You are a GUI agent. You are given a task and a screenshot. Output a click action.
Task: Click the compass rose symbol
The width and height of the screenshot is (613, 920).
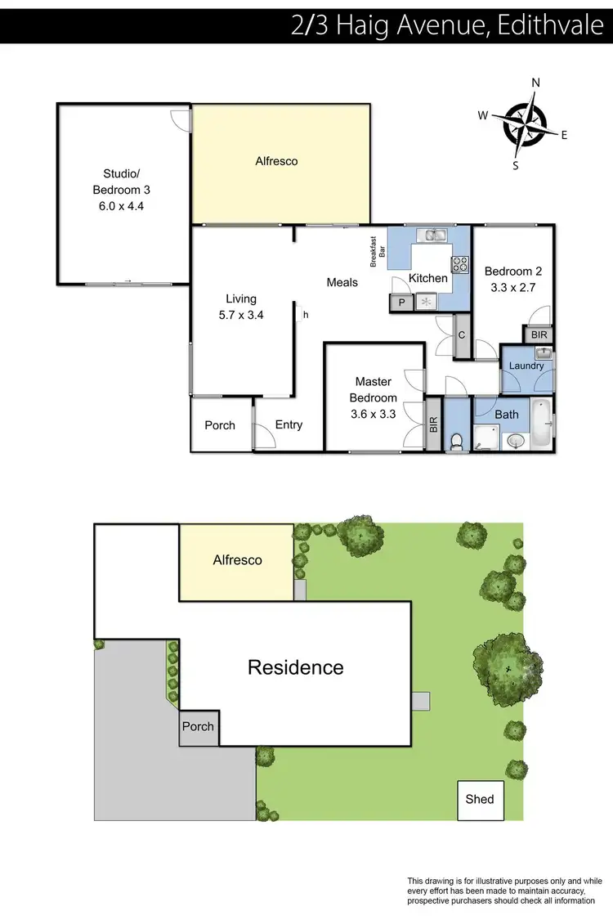pos(523,125)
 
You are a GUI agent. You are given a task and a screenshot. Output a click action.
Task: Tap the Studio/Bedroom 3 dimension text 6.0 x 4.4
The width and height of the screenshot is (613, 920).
pos(122,206)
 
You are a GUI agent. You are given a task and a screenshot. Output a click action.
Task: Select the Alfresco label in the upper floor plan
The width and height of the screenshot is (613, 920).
pos(277,161)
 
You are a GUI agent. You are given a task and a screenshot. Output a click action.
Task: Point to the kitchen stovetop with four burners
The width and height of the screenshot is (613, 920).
pos(460,263)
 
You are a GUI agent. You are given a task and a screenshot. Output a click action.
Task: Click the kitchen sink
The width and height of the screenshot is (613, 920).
pos(430,236)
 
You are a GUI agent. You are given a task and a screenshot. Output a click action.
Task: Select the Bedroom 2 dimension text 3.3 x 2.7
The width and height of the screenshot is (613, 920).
pos(512,288)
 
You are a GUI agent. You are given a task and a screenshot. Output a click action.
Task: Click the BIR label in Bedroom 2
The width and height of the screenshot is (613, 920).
pos(539,335)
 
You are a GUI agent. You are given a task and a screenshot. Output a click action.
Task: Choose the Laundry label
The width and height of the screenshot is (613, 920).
pos(526,366)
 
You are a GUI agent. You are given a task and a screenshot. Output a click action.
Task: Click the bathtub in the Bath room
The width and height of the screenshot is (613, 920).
pos(541,424)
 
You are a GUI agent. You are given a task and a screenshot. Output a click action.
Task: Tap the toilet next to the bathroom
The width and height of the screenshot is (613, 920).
pos(457,441)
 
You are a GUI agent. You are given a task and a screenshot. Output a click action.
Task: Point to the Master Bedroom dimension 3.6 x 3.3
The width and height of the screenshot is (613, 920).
pos(373,414)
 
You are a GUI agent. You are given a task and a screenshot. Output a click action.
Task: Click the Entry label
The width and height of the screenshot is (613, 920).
pos(289,424)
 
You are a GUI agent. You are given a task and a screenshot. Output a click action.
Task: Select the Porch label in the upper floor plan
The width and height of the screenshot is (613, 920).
pos(220,425)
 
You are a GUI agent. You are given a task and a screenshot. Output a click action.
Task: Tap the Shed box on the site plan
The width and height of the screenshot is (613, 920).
pos(480,798)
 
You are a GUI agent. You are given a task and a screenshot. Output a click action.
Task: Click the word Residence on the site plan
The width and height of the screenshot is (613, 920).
pos(296,667)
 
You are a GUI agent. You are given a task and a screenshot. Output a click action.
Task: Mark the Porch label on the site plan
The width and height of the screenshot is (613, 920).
pos(198,726)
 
